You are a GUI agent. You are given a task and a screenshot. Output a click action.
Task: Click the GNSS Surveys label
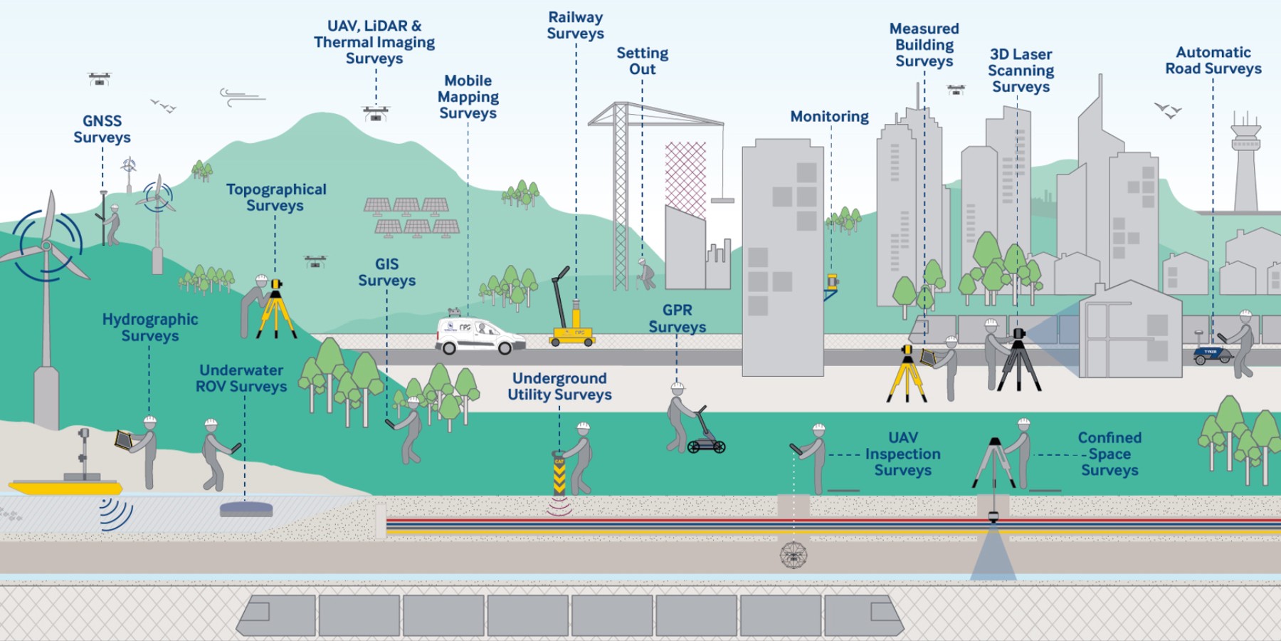coord(102,130)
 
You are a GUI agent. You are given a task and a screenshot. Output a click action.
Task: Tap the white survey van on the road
coord(478,335)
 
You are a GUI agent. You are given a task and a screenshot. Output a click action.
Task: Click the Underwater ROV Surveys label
coord(241,378)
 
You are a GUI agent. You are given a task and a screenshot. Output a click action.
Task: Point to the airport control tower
coord(1245,164)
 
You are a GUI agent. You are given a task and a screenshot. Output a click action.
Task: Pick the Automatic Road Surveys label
coord(1213,61)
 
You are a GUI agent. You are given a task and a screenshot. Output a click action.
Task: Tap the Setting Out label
coord(642,61)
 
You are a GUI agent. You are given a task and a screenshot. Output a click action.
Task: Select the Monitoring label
coord(829,116)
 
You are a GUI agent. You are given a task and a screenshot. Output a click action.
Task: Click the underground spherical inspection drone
coord(794,555)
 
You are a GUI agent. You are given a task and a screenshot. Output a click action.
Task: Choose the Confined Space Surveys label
coord(1109,454)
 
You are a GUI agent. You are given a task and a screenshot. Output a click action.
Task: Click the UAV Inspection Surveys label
coord(902,454)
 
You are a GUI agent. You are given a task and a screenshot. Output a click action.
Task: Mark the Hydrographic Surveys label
coord(149,328)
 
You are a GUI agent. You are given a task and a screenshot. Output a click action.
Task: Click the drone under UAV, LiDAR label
coord(376,113)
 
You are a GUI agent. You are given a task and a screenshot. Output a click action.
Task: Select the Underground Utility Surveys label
coord(559,386)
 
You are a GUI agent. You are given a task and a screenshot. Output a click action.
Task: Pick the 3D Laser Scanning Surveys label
coord(1021,71)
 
